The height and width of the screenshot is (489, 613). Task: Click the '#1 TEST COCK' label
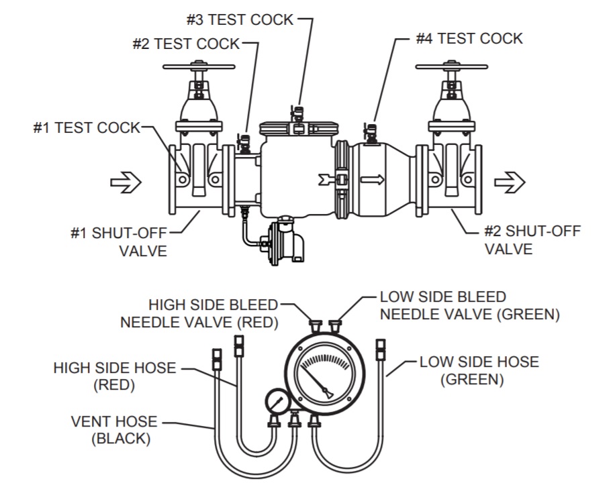coord(87,127)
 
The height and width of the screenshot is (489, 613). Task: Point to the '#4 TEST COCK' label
coord(469,38)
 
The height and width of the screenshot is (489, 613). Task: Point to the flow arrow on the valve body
coord(373,180)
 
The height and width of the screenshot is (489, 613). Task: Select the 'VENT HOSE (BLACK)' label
coord(114,430)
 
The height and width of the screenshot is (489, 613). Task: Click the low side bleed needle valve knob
coord(335,327)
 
